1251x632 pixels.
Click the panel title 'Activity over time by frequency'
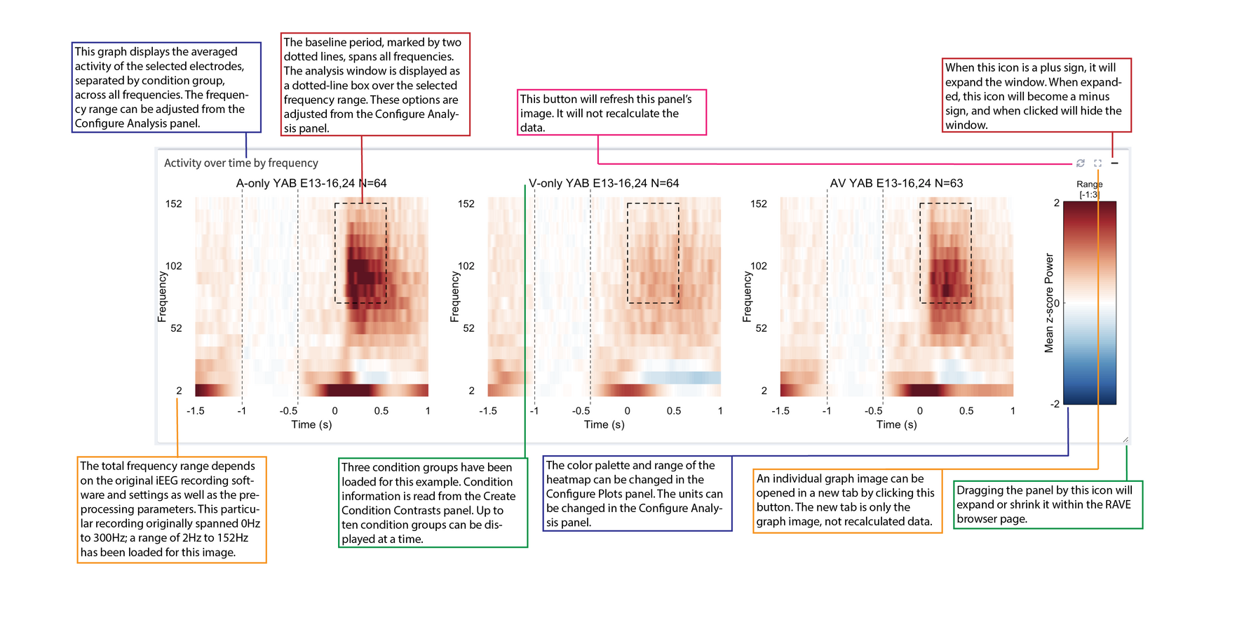coord(241,163)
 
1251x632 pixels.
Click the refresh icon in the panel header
coord(1081,163)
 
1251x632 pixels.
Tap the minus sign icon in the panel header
coord(1115,163)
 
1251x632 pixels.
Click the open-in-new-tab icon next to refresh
coord(1097,163)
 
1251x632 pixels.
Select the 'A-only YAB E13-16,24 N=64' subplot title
coord(311,183)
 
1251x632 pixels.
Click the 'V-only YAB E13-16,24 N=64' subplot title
coord(604,183)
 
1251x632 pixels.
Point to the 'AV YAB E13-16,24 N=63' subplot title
coord(896,183)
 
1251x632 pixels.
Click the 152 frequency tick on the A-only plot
coord(173,204)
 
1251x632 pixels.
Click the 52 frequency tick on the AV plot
coord(761,328)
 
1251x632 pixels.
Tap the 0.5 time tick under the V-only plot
coord(673,411)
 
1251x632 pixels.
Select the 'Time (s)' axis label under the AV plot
coord(896,424)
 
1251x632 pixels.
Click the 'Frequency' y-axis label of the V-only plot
coord(454,297)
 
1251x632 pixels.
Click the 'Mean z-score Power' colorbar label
coord(1049,303)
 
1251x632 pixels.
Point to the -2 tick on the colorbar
coord(1055,404)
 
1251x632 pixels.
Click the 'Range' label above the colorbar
coord(1089,184)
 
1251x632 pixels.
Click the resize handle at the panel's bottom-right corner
coord(1125,440)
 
